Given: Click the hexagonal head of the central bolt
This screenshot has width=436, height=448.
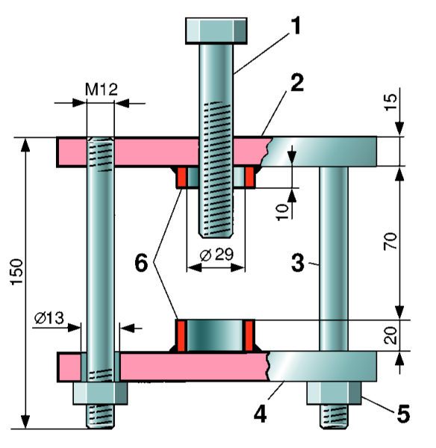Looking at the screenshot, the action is coord(217,31).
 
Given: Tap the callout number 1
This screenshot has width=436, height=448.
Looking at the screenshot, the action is coord(296,25).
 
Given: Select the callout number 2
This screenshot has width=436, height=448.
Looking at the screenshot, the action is coord(297,83).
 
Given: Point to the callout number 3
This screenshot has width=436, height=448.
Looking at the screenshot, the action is coord(298,263).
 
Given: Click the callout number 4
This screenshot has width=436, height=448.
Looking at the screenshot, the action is coord(260,414).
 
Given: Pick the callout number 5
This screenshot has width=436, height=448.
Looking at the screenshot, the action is coord(403,413).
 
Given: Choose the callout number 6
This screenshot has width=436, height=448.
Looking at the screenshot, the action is coord(141,263).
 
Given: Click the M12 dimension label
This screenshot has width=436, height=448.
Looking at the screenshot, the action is coord(102,90).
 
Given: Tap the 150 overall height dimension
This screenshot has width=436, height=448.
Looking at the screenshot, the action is coord(16,272).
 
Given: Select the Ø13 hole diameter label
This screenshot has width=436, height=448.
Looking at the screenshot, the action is coord(49,318).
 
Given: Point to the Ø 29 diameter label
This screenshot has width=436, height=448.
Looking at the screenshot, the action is coord(217,255).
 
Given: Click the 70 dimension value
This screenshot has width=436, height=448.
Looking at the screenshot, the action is coord(390,241).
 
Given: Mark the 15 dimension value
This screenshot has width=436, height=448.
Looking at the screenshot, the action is coord(390,102).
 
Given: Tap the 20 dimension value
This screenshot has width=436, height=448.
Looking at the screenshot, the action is coord(390,335).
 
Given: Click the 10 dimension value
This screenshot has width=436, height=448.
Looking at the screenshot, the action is coord(282,212).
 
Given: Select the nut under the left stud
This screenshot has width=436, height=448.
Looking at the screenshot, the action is coord(100,393).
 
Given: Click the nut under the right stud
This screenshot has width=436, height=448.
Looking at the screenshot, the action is coord(334,393).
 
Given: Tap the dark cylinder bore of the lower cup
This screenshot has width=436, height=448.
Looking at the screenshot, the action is coord(217,335).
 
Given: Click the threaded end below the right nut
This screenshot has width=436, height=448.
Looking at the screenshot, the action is coord(334,417).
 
